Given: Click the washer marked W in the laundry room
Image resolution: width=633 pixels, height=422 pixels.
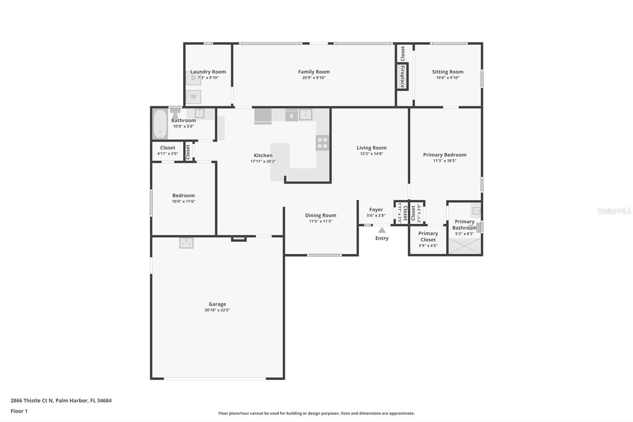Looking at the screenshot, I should pyautogui.click(x=193, y=97).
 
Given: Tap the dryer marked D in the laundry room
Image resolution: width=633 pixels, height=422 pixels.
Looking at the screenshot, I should pyautogui.click(x=193, y=78).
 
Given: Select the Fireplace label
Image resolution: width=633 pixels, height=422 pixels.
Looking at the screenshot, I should pyautogui.click(x=402, y=77).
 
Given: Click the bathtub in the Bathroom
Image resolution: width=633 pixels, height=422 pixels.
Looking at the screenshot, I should pyautogui.click(x=160, y=124).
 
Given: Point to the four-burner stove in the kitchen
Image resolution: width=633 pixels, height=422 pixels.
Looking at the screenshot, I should pyautogui.click(x=322, y=143).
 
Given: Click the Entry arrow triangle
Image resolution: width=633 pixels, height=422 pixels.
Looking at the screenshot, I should pyautogui.click(x=382, y=230).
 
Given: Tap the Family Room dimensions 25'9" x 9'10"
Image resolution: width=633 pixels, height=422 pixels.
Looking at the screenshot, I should pyautogui.click(x=314, y=78).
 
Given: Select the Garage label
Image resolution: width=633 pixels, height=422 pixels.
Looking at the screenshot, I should pyautogui.click(x=217, y=304).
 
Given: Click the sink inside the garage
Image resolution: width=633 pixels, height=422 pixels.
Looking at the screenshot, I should pyautogui.click(x=186, y=243).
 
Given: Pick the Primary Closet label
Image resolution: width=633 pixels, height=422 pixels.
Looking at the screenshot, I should pyautogui.click(x=428, y=236).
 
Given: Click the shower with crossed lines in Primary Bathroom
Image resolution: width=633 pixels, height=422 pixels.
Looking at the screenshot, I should pyautogui.click(x=464, y=246).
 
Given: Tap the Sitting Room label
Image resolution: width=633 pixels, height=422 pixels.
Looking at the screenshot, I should pyautogui.click(x=447, y=72).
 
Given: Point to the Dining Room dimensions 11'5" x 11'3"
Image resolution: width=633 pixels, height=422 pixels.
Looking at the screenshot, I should pyautogui.click(x=320, y=221).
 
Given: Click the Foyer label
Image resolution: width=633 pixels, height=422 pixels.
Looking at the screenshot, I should pyautogui.click(x=376, y=210).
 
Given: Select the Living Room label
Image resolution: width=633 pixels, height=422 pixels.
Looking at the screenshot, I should pyautogui.click(x=371, y=148).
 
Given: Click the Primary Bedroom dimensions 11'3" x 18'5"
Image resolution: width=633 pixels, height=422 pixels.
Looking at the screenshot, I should pyautogui.click(x=445, y=161).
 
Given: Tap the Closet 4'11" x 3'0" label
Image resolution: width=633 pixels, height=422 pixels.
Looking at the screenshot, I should pyautogui.click(x=168, y=148).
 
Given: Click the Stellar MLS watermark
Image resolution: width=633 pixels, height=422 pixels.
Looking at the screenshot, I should pyautogui.click(x=614, y=211).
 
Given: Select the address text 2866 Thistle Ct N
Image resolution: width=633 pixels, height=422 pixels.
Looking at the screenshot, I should pyautogui.click(x=32, y=400).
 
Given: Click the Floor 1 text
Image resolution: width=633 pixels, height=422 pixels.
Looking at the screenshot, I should pyautogui.click(x=19, y=411).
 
